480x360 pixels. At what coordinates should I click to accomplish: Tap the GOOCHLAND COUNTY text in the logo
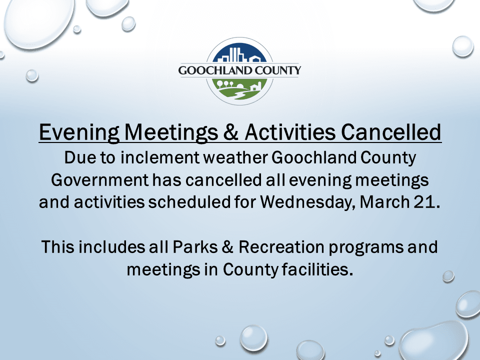pyautogui.click(x=240, y=70)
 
